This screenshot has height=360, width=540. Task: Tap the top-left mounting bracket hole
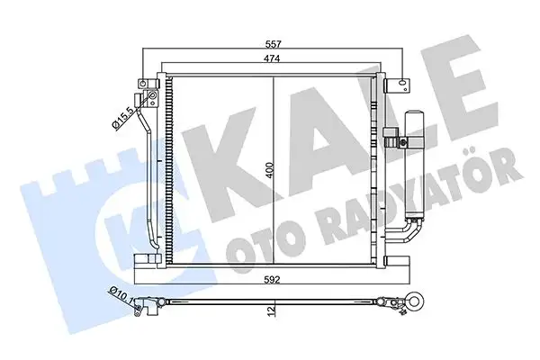tap(142, 85)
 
